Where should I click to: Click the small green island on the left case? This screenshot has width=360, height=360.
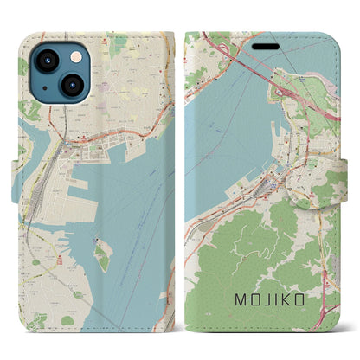pyautogui.click(x=104, y=254)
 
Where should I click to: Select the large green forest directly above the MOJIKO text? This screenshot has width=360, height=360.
pyautogui.click(x=260, y=251)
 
